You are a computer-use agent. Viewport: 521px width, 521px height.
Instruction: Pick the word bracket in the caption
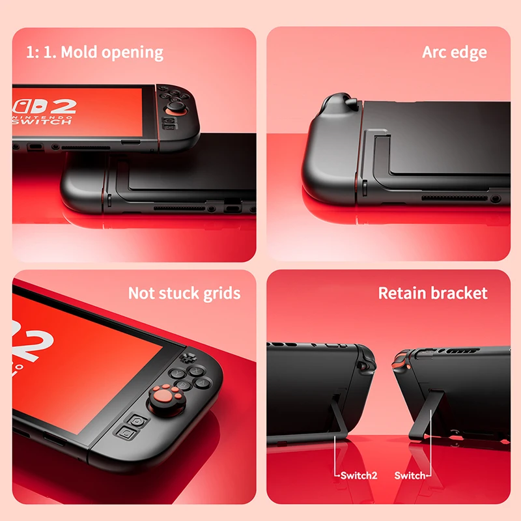460,294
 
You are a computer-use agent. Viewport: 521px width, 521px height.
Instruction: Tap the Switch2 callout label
359,475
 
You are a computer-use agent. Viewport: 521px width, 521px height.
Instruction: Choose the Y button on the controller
176,373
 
